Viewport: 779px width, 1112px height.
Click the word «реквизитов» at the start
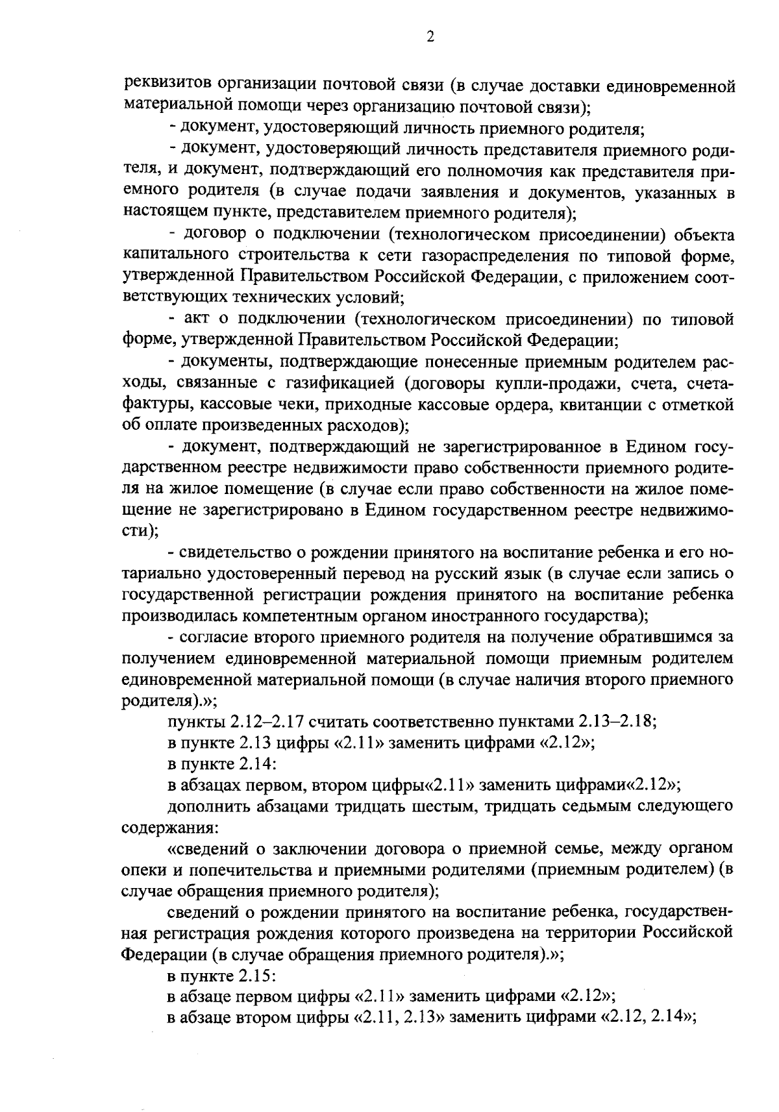click(x=165, y=84)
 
